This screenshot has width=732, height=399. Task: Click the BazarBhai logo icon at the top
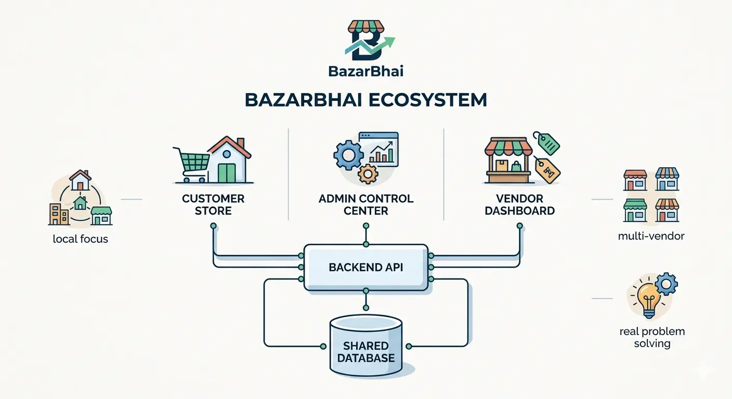click(367, 42)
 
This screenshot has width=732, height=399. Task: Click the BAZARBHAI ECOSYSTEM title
click(365, 100)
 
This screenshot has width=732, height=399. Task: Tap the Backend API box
click(366, 268)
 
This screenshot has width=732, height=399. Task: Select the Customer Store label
click(213, 205)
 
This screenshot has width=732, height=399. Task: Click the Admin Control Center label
click(366, 205)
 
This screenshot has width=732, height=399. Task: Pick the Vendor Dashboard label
click(519, 205)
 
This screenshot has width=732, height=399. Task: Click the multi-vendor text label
click(651, 236)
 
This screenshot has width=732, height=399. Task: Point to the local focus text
click(81, 240)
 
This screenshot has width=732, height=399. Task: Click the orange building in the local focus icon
click(59, 214)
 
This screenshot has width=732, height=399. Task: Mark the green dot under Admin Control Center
click(366, 226)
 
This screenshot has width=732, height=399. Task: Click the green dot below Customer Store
click(213, 226)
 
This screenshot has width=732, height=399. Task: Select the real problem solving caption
click(652, 337)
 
